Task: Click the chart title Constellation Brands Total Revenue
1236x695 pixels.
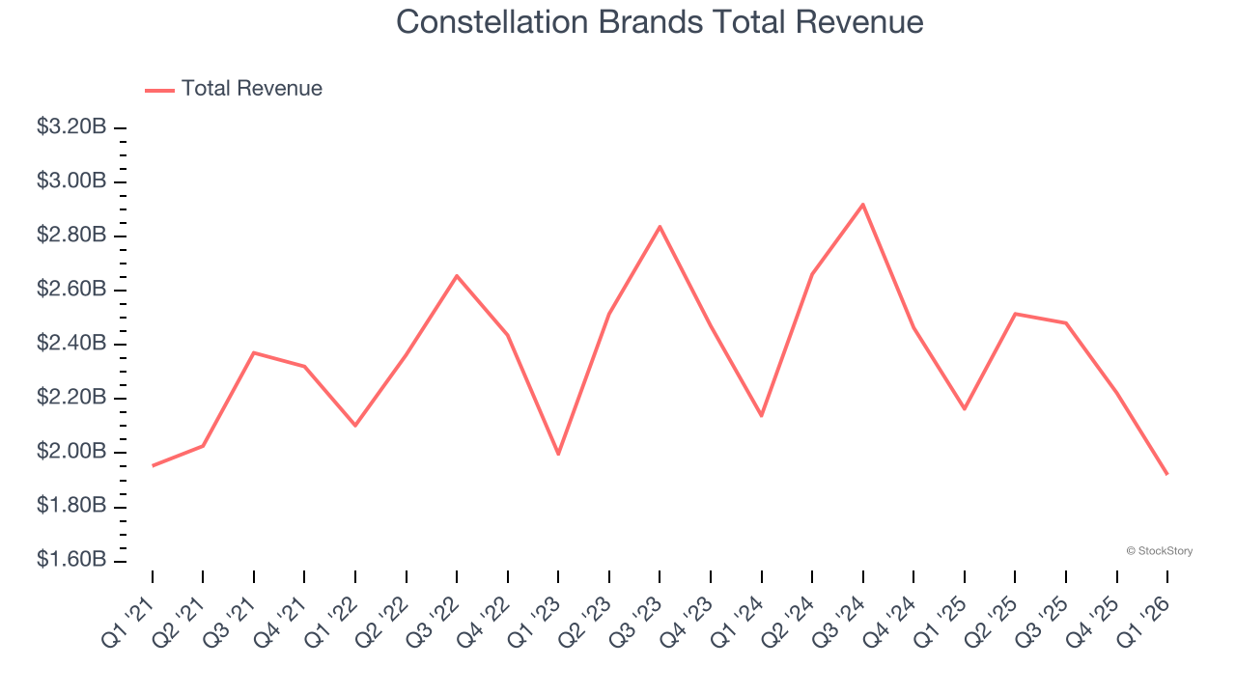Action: click(660, 22)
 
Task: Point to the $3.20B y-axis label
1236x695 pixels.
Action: click(71, 127)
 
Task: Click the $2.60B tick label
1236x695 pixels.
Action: click(71, 290)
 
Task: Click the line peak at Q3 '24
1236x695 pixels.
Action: click(862, 204)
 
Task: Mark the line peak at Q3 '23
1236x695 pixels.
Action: click(660, 227)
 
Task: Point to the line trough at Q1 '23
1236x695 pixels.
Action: click(558, 454)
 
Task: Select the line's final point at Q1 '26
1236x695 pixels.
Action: click(1166, 474)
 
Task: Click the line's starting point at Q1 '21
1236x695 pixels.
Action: click(153, 465)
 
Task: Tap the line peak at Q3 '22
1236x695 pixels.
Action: click(457, 276)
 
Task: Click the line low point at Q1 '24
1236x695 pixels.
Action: click(761, 416)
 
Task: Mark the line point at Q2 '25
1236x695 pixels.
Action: click(1015, 314)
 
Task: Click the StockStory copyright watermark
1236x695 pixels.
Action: click(1159, 551)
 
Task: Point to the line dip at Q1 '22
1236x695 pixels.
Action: click(355, 426)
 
